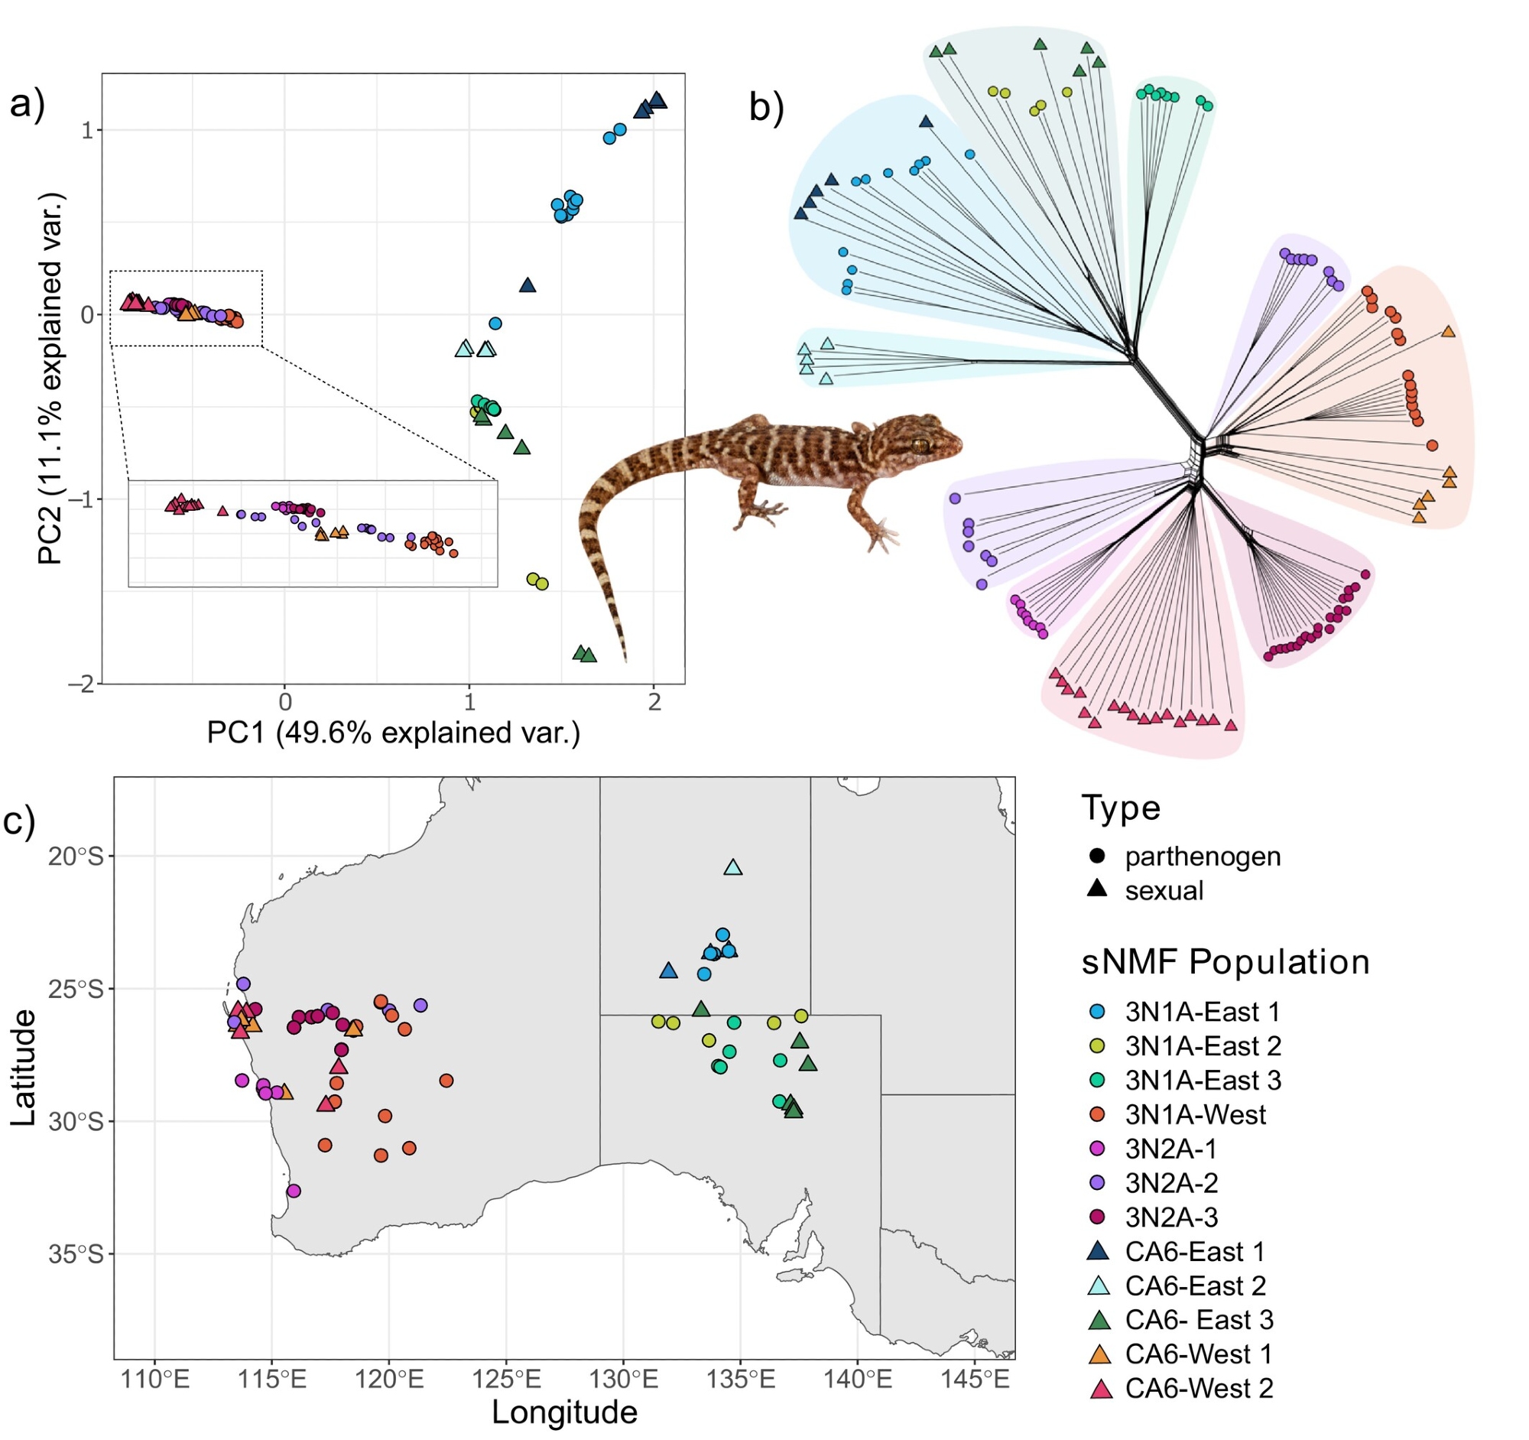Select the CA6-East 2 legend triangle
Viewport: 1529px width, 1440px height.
tap(1098, 1286)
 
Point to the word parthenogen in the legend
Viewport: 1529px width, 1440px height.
tap(1203, 857)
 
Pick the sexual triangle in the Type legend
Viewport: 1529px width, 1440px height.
tap(1098, 889)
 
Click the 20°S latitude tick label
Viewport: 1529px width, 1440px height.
tap(75, 857)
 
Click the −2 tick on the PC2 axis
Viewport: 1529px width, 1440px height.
tap(80, 684)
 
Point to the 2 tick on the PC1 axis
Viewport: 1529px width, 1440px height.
tap(654, 702)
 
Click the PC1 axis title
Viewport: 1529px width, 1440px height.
tap(393, 733)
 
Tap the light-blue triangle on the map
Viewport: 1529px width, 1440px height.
tap(733, 868)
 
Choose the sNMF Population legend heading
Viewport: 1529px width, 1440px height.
tap(1225, 961)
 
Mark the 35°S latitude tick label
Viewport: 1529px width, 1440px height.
tap(75, 1255)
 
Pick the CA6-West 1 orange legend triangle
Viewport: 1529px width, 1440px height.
tap(1098, 1354)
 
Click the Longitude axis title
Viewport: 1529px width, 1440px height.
tap(564, 1412)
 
